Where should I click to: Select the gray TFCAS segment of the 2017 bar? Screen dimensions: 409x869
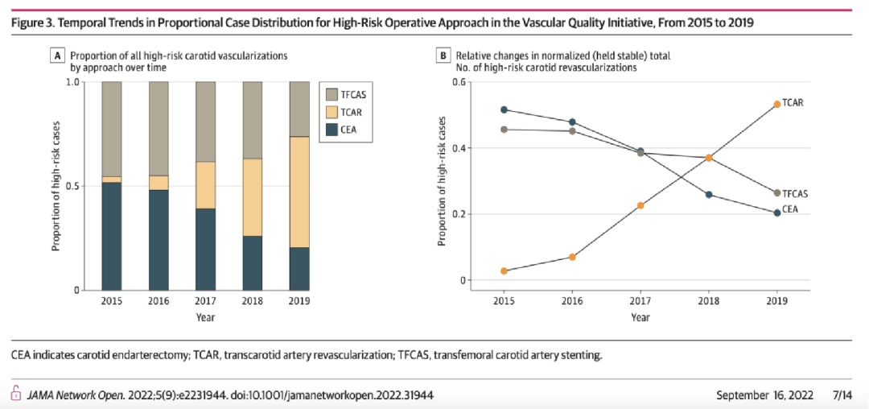[x=205, y=122]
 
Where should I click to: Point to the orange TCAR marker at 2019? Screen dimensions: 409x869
[x=776, y=104]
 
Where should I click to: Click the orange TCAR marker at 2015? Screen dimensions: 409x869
[x=504, y=271]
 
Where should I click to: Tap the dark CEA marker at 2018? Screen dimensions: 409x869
[x=709, y=195]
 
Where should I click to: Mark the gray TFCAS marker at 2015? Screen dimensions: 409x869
[x=504, y=130]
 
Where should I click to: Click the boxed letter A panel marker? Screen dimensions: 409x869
[x=57, y=56]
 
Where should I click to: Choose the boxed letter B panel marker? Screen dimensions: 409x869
[x=443, y=56]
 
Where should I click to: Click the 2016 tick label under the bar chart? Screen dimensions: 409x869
[x=158, y=300]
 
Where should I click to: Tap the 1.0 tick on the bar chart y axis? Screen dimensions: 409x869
[x=73, y=82]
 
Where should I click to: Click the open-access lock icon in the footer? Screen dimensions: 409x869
[x=14, y=394]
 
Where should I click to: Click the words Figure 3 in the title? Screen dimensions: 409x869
[x=38, y=23]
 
